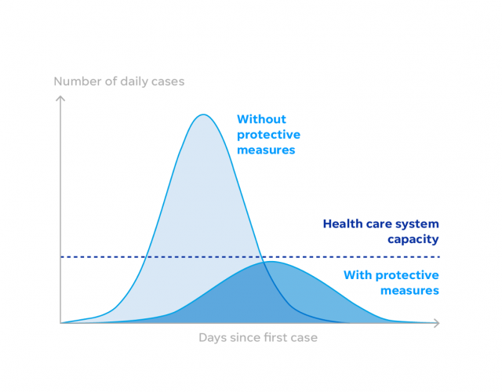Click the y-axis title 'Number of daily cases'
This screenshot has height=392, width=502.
119,82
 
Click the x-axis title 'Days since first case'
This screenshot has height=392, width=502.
258,338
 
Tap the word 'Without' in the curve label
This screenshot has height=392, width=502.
261,119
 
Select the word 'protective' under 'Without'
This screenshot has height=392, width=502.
268,135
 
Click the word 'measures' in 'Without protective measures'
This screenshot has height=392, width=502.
266,150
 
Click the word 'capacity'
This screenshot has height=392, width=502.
413,239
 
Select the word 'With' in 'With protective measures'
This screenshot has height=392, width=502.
358,275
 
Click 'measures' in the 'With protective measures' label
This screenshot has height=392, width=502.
409,291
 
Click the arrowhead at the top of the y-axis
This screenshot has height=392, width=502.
60,97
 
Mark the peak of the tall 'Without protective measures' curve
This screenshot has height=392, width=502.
203,114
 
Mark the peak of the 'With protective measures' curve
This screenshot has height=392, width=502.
271,262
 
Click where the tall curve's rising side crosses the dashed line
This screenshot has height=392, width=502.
146,257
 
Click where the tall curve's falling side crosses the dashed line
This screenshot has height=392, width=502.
262,257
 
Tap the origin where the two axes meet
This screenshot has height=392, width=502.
60,323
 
